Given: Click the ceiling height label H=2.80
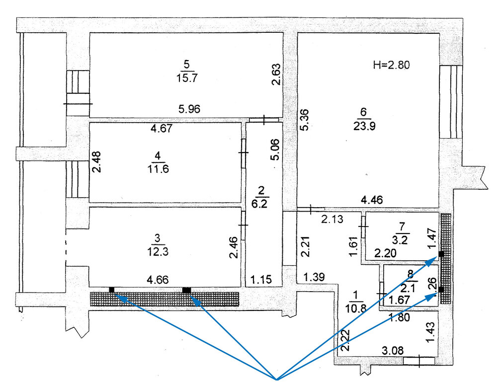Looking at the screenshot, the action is click(392, 65).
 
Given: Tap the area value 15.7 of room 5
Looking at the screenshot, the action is click(187, 78).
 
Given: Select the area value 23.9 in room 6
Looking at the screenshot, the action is click(364, 126).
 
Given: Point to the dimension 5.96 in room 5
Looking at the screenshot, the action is click(189, 109).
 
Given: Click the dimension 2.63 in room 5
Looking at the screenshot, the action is click(276, 75).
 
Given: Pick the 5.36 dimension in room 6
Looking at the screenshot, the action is click(304, 120).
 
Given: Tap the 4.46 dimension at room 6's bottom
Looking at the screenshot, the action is click(372, 200).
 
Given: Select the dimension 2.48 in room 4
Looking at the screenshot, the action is click(96, 161).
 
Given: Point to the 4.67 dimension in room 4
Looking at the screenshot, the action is click(162, 128).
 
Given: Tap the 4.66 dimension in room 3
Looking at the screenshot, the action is click(158, 280).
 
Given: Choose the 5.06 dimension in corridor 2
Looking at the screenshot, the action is click(275, 150).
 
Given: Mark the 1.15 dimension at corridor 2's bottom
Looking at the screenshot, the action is click(261, 280).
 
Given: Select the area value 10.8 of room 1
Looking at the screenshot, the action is click(356, 308).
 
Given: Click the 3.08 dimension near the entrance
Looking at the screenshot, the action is click(393, 351).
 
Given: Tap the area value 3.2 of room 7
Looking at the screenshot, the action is click(400, 239).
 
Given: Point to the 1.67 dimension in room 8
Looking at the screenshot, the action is click(400, 300).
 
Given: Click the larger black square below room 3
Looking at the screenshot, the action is click(187, 290).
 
